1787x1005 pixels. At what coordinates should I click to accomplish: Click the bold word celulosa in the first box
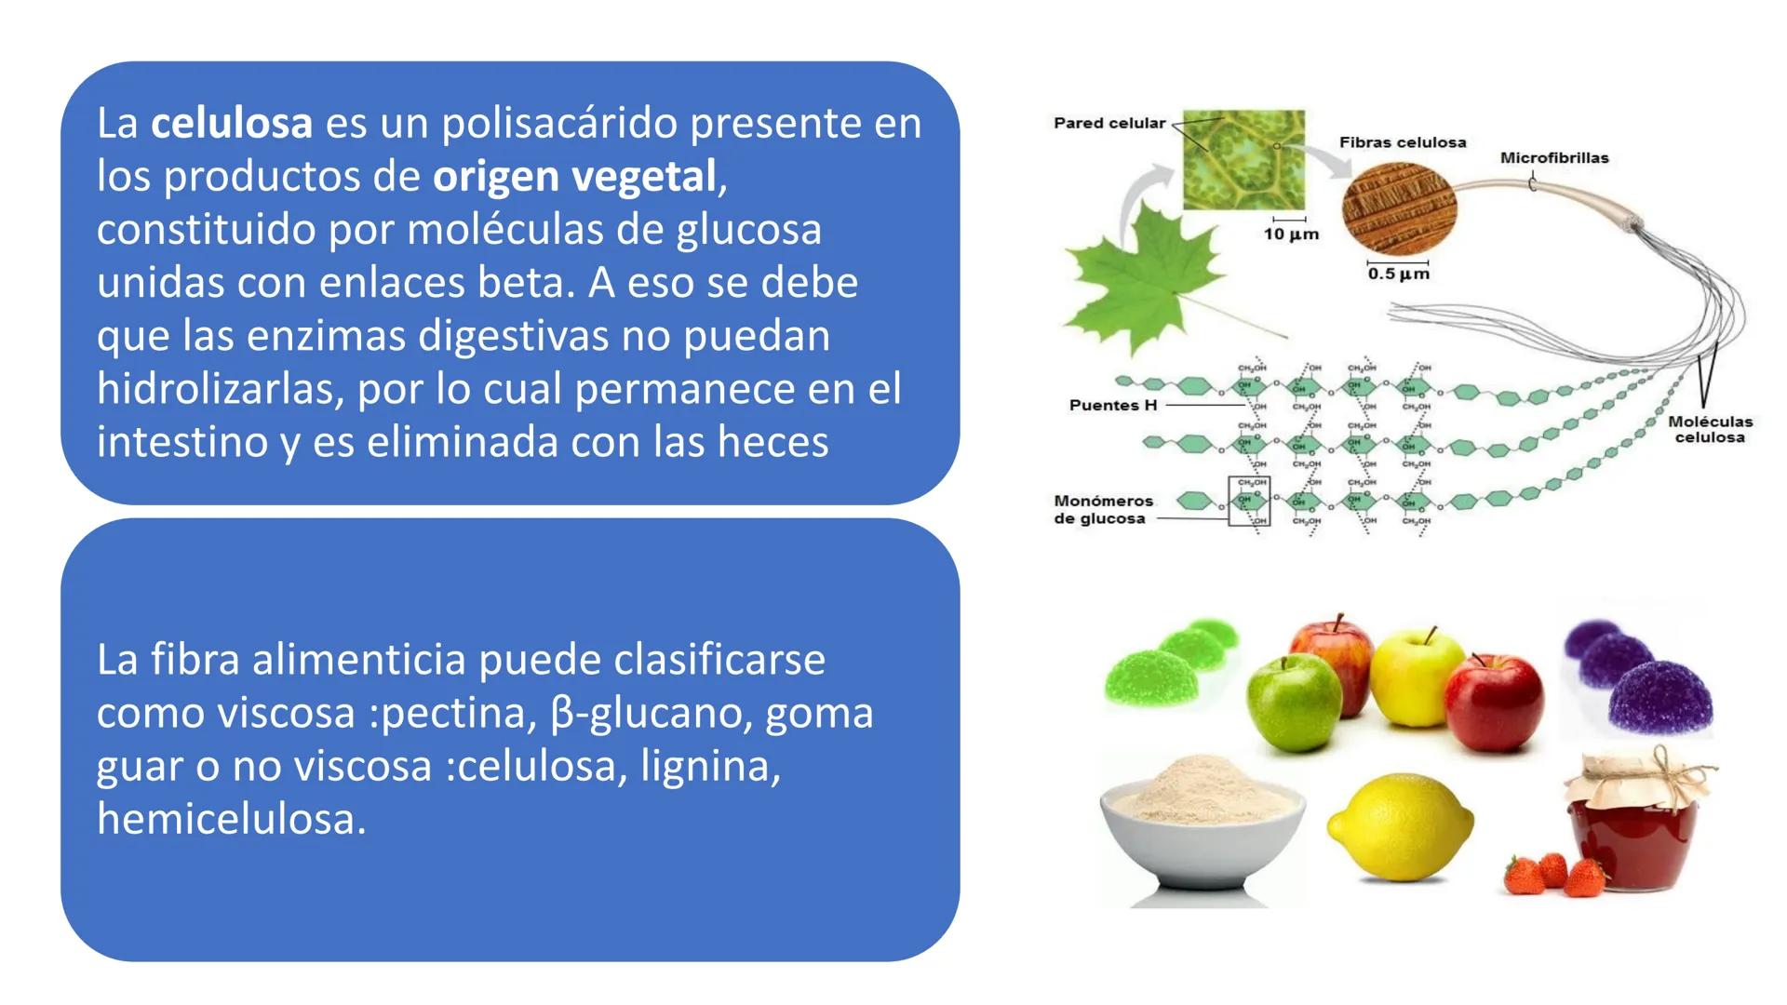click(232, 124)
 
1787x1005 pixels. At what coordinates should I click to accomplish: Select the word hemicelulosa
click(231, 820)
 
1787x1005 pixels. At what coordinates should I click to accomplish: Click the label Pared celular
click(1108, 123)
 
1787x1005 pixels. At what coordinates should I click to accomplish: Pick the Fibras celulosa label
click(1402, 142)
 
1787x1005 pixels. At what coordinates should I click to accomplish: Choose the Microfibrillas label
click(1553, 158)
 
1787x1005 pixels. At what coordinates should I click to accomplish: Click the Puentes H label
click(1112, 406)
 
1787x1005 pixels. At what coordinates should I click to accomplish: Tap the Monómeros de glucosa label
click(1102, 509)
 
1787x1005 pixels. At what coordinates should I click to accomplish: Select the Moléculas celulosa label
click(1710, 429)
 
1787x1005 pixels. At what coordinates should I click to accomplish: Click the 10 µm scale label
click(1291, 234)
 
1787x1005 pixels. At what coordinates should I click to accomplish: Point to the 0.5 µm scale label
click(1398, 274)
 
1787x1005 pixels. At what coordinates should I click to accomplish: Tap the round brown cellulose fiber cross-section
click(1399, 209)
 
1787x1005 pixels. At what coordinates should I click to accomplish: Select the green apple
click(1295, 704)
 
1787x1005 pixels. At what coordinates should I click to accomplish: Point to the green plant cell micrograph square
click(1243, 159)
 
